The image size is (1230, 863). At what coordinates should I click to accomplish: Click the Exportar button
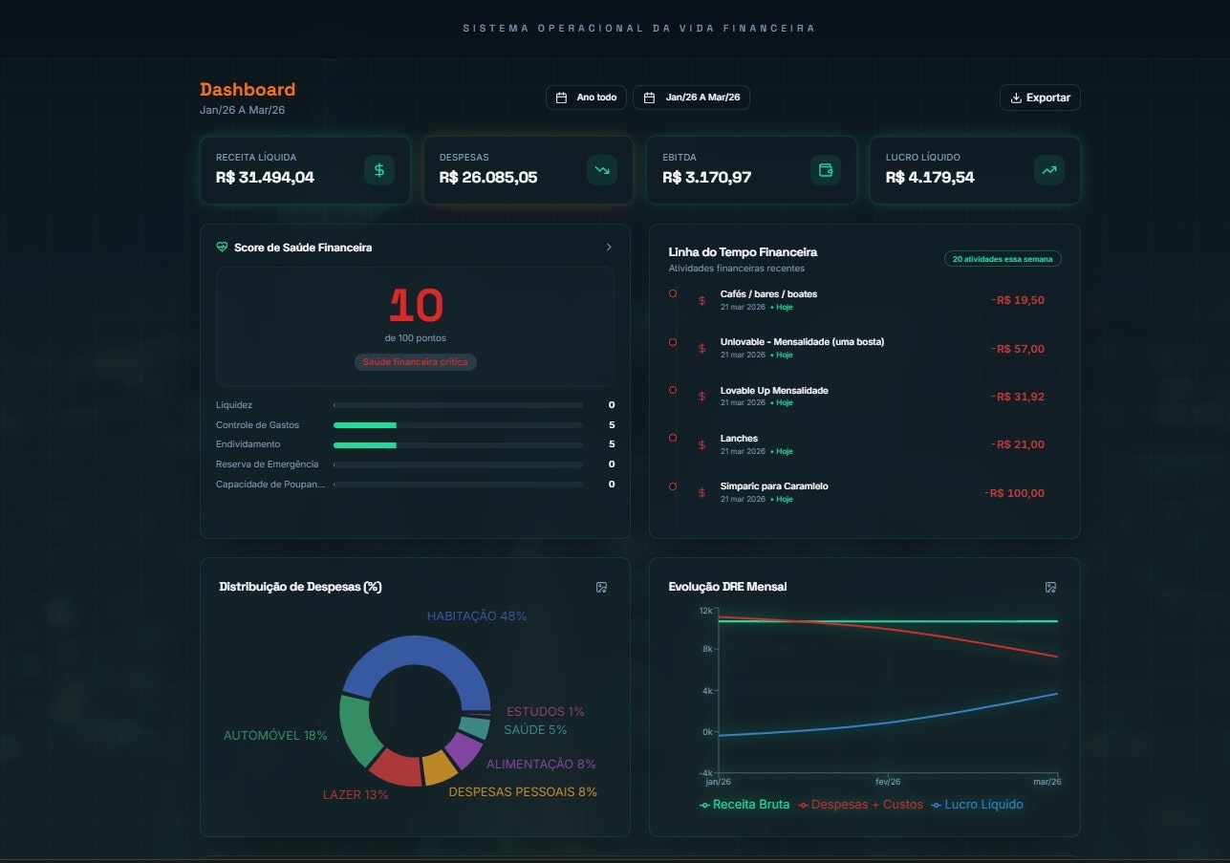(1040, 97)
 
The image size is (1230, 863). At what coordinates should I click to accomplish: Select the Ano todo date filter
(587, 97)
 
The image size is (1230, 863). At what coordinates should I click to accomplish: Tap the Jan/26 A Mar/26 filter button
(691, 97)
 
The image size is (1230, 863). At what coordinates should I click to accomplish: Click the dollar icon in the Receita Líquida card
(379, 170)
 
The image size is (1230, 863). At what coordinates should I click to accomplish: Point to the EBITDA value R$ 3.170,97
(706, 177)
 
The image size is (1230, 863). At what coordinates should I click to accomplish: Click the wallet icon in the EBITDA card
(826, 170)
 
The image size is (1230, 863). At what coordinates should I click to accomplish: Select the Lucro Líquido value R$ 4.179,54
(930, 177)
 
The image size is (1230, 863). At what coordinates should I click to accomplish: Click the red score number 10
(416, 306)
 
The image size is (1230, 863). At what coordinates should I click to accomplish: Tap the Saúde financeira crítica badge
(415, 362)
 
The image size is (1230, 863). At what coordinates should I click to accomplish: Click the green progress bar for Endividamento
(365, 444)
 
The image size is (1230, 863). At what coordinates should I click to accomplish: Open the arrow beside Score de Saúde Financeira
(609, 248)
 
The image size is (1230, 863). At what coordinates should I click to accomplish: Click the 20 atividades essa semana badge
(1003, 259)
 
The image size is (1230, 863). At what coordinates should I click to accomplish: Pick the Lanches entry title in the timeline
(739, 439)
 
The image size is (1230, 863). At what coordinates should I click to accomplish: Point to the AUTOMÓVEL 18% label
(275, 736)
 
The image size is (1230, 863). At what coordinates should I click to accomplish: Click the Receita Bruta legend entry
(744, 805)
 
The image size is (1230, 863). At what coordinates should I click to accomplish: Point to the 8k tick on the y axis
(706, 650)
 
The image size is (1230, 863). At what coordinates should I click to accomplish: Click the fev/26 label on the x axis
(888, 782)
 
